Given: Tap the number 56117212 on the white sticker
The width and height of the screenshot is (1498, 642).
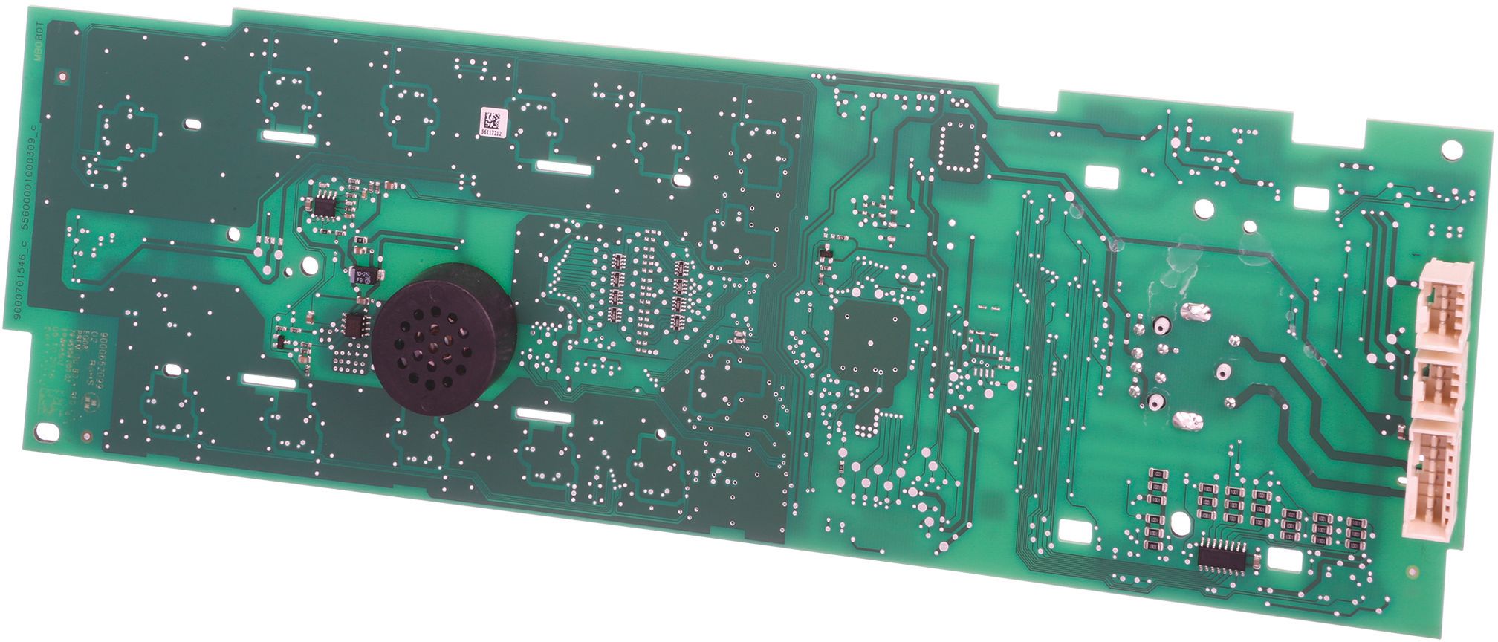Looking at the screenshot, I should pyautogui.click(x=490, y=134).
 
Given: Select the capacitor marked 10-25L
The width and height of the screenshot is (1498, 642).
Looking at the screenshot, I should pyautogui.click(x=366, y=276).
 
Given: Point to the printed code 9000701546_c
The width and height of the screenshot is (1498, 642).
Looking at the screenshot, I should pyautogui.click(x=18, y=262).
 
